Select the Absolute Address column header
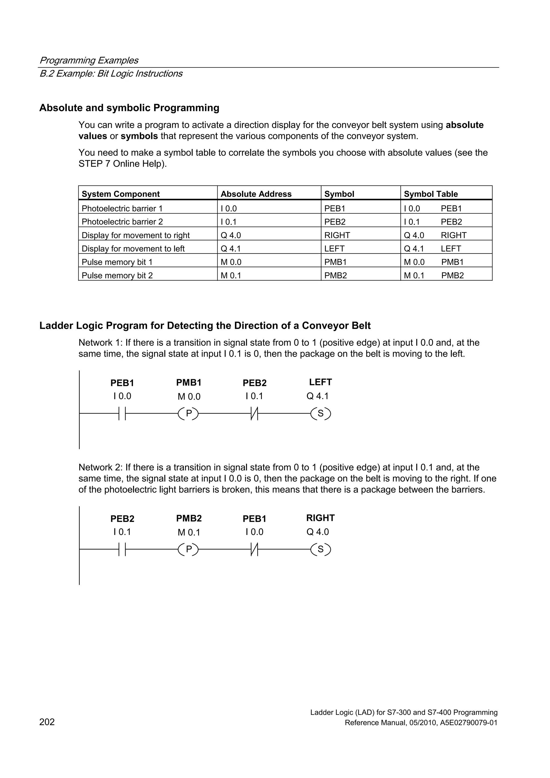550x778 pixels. tap(256, 194)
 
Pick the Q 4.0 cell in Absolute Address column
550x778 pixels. tap(231, 235)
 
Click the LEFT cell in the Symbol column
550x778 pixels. tap(334, 248)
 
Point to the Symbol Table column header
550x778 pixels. tap(430, 194)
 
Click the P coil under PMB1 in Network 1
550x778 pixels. tap(189, 414)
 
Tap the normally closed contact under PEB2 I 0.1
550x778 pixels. tap(254, 414)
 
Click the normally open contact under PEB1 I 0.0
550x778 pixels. tap(122, 414)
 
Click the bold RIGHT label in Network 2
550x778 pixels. tap(320, 518)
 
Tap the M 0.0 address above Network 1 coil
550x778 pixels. tap(189, 396)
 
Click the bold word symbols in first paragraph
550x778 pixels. tap(139, 136)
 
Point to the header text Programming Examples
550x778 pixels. tap(89, 60)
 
